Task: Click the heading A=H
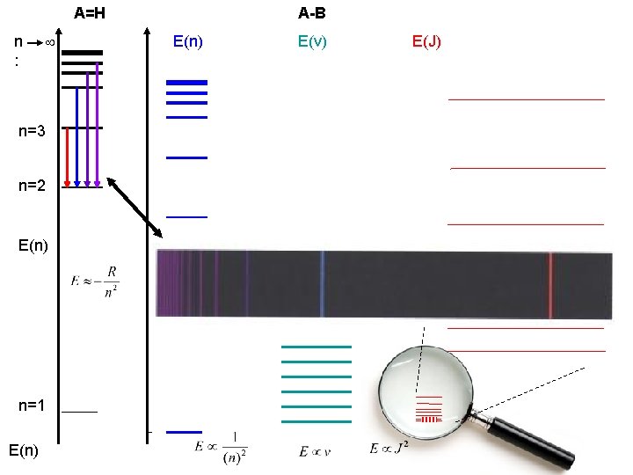[91, 13]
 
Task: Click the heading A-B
[312, 13]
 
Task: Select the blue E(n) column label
[188, 40]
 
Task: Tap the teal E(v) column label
[312, 40]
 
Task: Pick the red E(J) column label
[426, 40]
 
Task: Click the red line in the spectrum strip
[550, 283]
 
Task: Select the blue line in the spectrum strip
[323, 283]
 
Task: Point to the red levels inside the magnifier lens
[428, 409]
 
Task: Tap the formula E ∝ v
[315, 451]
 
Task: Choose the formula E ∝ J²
[390, 449]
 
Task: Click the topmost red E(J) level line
[527, 100]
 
